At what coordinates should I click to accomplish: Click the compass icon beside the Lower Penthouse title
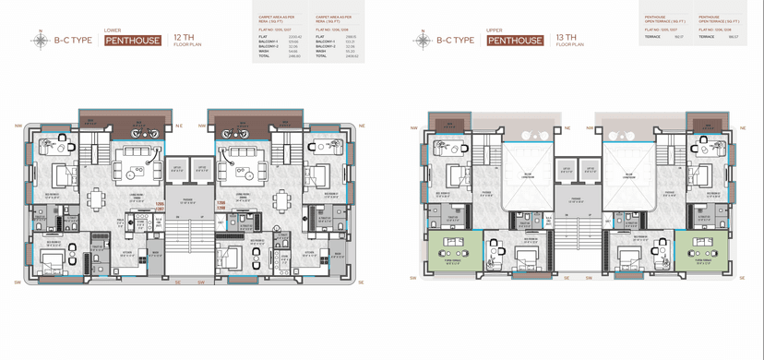click(41, 41)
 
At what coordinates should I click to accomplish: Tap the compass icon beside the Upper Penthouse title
click(423, 41)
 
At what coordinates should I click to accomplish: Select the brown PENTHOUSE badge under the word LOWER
click(133, 41)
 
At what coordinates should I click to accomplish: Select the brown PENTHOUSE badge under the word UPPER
click(515, 41)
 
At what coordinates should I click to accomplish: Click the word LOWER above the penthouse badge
click(113, 30)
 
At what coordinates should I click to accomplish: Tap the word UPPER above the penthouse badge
click(495, 30)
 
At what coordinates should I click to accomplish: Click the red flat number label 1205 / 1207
click(160, 206)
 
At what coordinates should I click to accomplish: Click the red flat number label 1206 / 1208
click(221, 206)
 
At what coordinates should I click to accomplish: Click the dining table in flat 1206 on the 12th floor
click(282, 198)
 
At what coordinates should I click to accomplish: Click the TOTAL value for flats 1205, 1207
click(294, 56)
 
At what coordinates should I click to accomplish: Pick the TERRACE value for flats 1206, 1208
click(733, 37)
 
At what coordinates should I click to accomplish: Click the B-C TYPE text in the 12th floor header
click(73, 41)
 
